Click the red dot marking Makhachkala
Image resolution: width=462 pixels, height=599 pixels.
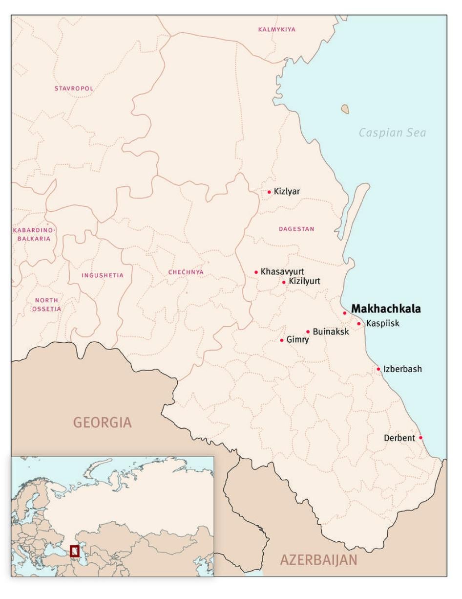344,313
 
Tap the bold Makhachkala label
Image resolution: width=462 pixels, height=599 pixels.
386,309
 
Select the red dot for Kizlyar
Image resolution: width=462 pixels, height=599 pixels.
269,192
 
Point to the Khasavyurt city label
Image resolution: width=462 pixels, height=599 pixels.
282,271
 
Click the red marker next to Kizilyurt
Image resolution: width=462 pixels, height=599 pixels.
284,282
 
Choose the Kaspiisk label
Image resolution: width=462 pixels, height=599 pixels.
382,324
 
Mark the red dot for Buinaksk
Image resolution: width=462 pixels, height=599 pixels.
308,332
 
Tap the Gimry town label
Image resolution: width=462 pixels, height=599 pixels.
297,340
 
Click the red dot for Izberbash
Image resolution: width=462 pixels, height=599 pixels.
378,369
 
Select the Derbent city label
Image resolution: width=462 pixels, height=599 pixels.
399,438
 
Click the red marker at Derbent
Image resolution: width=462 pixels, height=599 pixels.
420,438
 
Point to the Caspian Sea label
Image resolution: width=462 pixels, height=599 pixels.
392,133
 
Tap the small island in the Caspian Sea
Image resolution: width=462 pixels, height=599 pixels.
345,109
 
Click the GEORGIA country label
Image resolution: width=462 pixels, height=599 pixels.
102,422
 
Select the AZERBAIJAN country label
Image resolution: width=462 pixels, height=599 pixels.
318,560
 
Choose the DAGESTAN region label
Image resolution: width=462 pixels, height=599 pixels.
296,229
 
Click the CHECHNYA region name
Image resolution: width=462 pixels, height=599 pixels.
186,272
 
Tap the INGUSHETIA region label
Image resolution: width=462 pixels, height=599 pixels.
103,275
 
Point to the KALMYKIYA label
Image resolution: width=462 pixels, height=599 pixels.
276,29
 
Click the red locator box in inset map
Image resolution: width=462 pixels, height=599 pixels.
74,551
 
